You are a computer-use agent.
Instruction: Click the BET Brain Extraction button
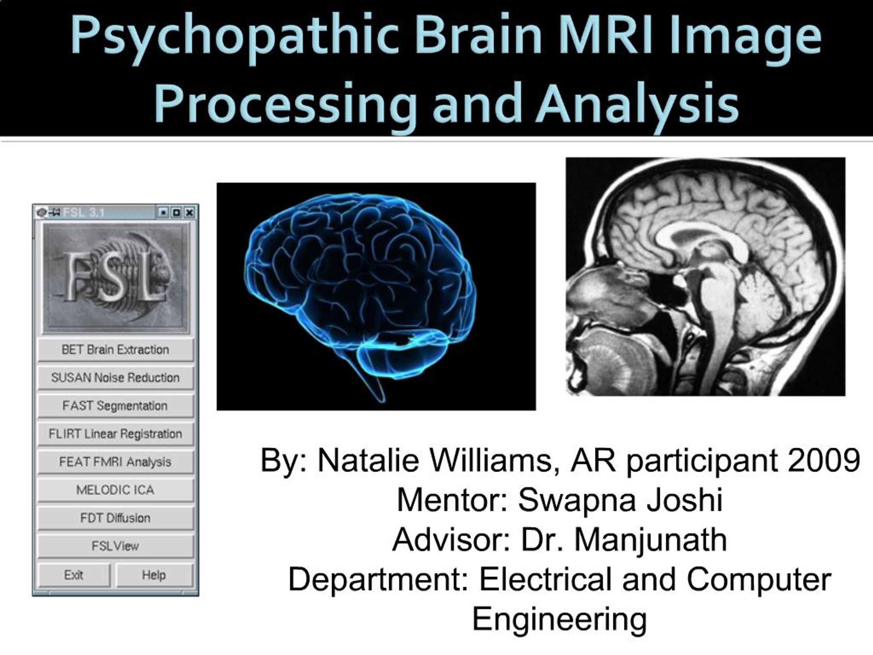(x=115, y=349)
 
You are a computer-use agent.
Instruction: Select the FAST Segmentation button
(x=115, y=406)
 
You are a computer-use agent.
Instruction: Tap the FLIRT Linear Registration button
(x=115, y=434)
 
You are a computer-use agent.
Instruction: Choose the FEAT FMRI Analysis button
(x=115, y=462)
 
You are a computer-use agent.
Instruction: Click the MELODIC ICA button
(x=115, y=490)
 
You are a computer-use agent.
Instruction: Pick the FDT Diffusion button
(x=115, y=518)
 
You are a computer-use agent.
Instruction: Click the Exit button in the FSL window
(x=74, y=575)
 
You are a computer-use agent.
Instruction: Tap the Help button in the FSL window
(x=154, y=575)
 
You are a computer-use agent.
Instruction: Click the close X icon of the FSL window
(x=190, y=213)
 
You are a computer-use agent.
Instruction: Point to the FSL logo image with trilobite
(x=116, y=278)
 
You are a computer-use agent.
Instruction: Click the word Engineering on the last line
(x=559, y=619)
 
